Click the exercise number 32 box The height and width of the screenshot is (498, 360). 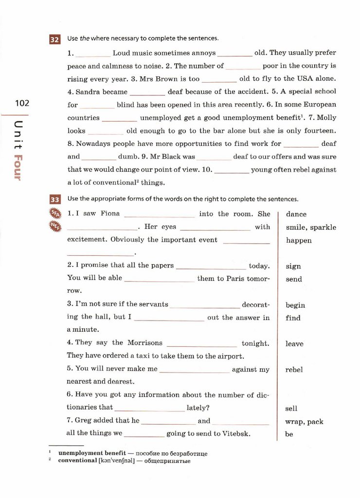point(54,39)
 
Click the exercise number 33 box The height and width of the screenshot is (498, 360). point(54,199)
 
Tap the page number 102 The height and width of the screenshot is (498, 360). point(22,103)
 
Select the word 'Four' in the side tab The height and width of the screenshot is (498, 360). point(18,167)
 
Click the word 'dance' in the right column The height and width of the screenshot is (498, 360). point(296,214)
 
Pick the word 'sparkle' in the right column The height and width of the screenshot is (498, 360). point(323,227)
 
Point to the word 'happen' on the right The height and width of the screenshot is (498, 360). point(299,240)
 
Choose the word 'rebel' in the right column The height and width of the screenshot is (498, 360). point(294,370)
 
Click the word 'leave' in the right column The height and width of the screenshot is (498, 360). point(294,344)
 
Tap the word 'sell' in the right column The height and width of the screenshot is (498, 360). point(291,409)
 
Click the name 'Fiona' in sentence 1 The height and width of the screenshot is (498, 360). point(110,213)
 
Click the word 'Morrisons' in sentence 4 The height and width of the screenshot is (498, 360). point(145,343)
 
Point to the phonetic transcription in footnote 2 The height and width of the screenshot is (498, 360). point(117,461)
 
